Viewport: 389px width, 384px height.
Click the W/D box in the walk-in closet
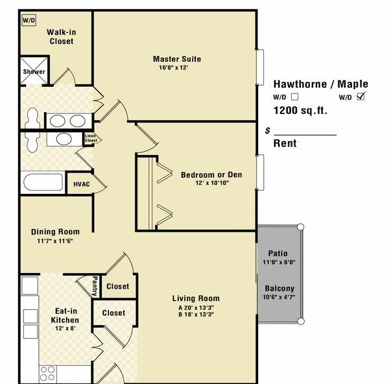(29, 20)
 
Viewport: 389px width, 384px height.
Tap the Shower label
(34, 72)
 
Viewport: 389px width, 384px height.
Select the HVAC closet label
(82, 184)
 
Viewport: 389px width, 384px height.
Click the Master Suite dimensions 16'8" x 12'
(173, 67)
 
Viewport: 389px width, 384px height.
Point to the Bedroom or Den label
(211, 174)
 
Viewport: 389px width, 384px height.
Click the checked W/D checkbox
(360, 96)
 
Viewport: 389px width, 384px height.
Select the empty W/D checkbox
(295, 97)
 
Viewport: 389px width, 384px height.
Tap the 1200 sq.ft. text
(300, 110)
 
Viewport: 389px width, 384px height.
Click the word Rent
(285, 143)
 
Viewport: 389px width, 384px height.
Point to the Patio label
(278, 254)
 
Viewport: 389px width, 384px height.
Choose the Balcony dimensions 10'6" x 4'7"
(279, 297)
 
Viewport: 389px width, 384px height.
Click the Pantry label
(95, 286)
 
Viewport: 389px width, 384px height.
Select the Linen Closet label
(91, 138)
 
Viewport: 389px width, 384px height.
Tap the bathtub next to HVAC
(43, 182)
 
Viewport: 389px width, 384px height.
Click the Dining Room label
(55, 232)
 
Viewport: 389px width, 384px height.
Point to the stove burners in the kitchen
(47, 374)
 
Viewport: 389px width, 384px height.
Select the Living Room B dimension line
(196, 315)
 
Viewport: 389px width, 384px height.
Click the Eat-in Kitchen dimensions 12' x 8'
(65, 328)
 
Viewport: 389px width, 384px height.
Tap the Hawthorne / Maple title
(321, 84)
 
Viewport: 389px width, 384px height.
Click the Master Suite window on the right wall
(260, 67)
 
